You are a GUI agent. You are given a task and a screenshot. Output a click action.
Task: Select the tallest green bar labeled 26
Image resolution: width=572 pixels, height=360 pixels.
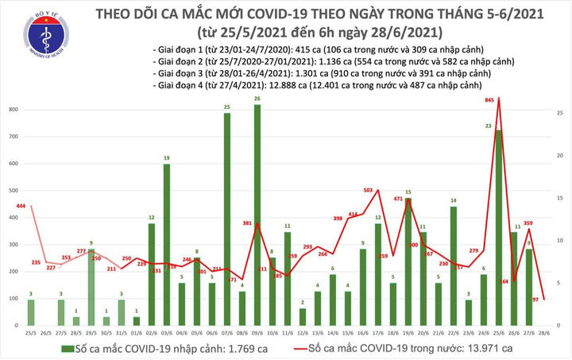[x=257, y=215]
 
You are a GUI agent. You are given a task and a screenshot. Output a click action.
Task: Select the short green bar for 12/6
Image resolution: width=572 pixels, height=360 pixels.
[x=303, y=317]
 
